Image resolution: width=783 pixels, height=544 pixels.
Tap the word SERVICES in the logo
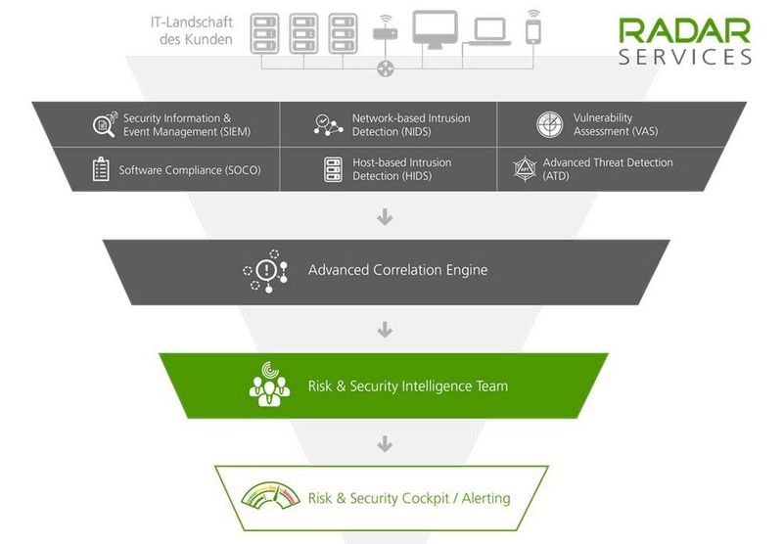pyautogui.click(x=684, y=57)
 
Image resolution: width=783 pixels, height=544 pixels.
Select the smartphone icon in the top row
pyautogui.click(x=533, y=28)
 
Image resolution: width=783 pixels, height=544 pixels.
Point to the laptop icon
pyautogui.click(x=490, y=33)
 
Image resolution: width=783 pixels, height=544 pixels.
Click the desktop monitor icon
pyautogui.click(x=436, y=29)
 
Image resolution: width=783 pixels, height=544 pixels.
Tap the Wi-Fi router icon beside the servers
pyautogui.click(x=385, y=32)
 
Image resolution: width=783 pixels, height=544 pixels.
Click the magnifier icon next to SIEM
pyautogui.click(x=104, y=124)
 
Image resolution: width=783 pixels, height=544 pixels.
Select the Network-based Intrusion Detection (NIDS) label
pyautogui.click(x=410, y=124)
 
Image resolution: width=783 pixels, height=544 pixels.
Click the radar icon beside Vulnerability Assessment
pyautogui.click(x=549, y=124)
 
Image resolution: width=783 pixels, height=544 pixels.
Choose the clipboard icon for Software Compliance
pyautogui.click(x=101, y=169)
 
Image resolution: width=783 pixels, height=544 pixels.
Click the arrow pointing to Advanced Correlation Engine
pyautogui.click(x=385, y=217)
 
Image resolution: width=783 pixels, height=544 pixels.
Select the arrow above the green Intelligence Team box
pyautogui.click(x=385, y=331)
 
